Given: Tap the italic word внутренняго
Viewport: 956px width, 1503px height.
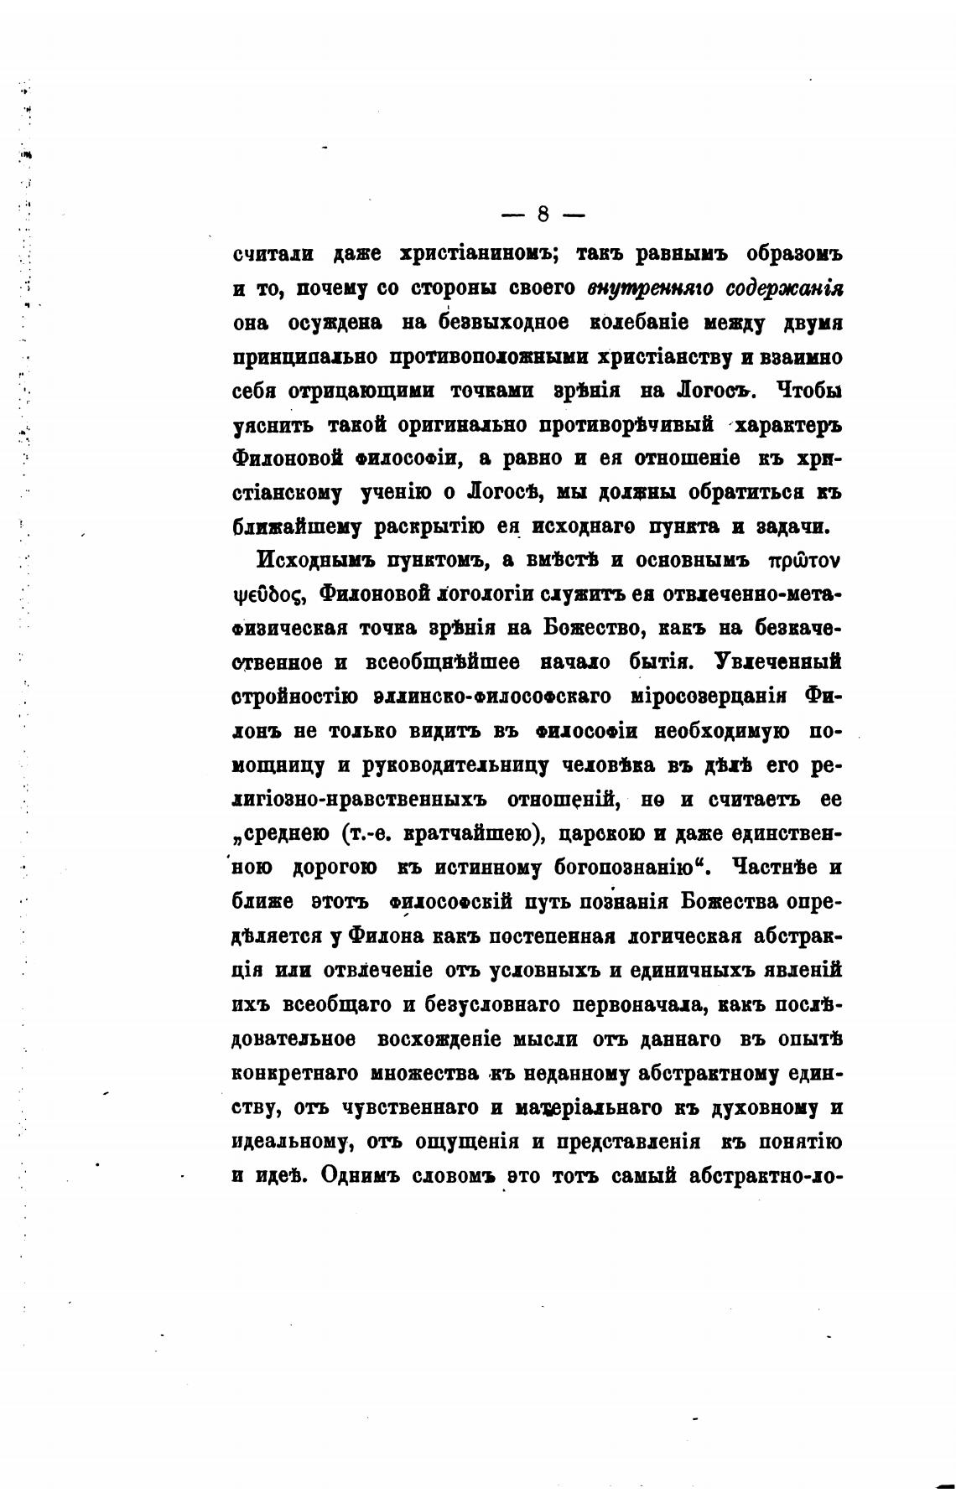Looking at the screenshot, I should point(650,288).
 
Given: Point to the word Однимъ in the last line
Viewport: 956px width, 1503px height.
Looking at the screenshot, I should point(355,1177).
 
